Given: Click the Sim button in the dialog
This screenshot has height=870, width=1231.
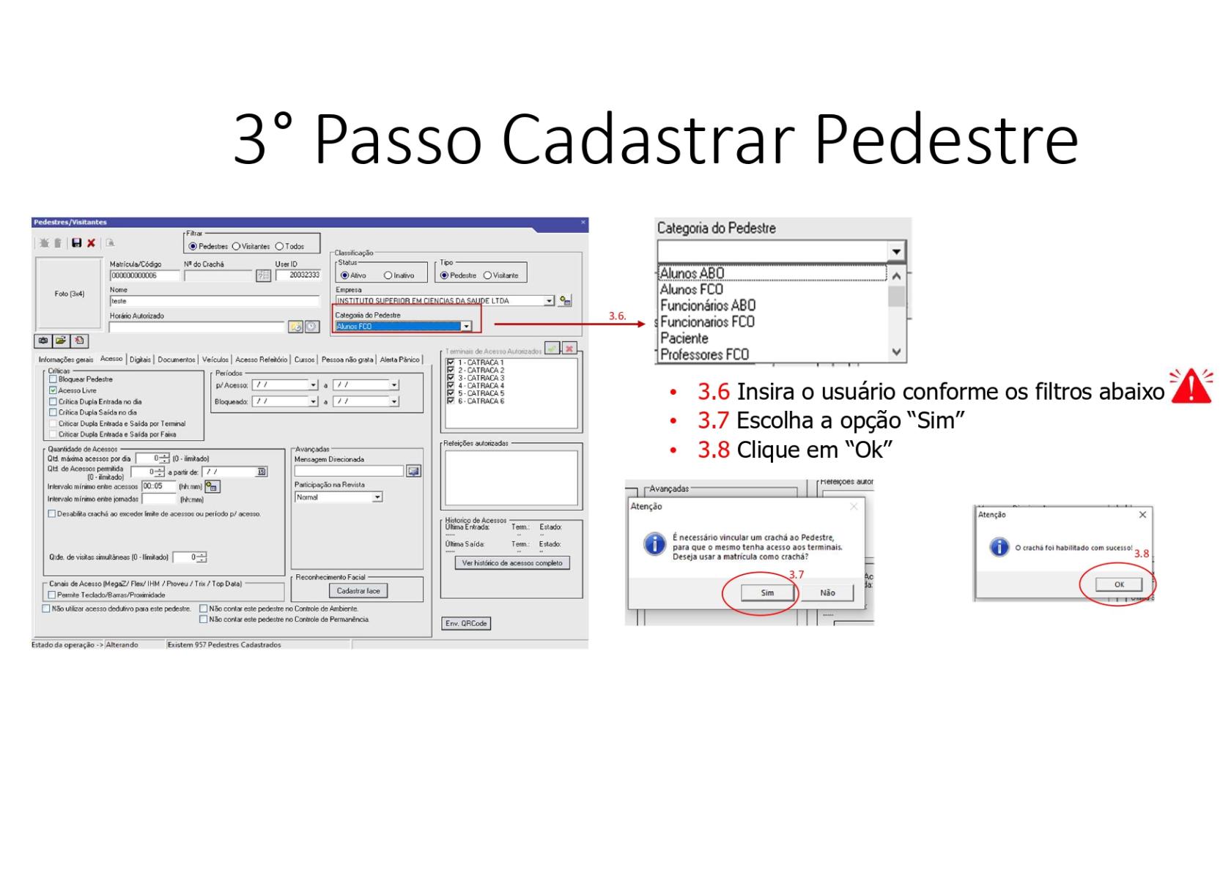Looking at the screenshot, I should (767, 592).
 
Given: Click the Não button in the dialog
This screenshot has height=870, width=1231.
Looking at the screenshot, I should (827, 592).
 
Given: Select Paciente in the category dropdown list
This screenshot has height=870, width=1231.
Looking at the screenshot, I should (684, 338).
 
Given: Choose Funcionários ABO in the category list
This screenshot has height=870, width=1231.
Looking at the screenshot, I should (707, 305).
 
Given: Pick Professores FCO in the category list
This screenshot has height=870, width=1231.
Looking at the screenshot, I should (704, 354).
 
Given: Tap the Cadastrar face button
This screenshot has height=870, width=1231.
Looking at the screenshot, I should (358, 590).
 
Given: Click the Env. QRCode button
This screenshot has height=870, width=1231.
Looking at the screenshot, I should (466, 623).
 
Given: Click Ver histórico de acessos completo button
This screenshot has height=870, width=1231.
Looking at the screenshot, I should (512, 562).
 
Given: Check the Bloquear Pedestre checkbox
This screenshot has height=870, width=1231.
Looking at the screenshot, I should (53, 379).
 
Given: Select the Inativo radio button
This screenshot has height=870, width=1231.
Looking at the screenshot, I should (388, 275).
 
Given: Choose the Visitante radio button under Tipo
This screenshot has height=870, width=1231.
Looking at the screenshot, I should (487, 275).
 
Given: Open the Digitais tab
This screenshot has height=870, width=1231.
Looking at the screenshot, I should (140, 360).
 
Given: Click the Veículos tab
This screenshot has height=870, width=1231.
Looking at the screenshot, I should (215, 360).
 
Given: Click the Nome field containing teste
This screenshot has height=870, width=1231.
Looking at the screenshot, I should (214, 301).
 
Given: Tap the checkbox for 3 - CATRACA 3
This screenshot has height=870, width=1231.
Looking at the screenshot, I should (451, 378).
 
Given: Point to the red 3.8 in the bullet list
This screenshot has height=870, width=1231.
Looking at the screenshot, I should (713, 450).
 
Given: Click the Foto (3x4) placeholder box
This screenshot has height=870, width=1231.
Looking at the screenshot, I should (69, 294).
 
